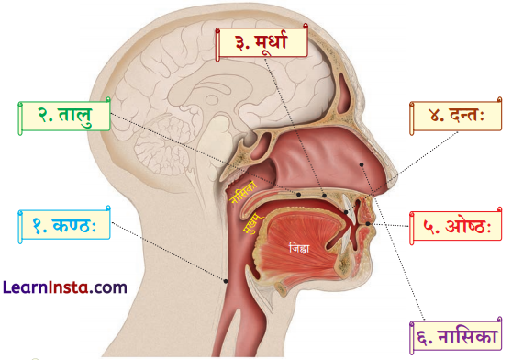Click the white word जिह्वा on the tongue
298,248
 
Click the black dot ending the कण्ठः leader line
227,279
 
